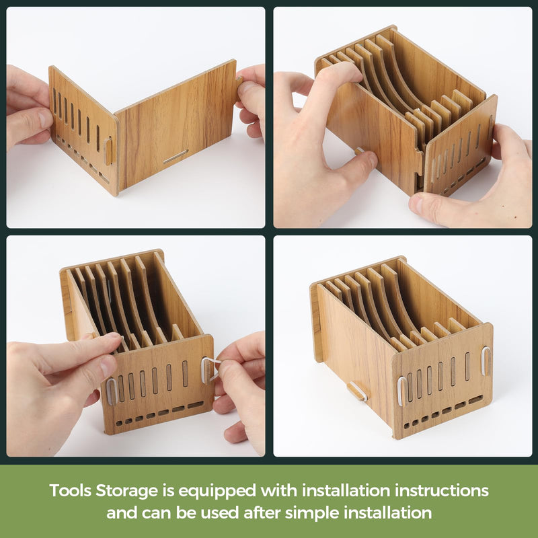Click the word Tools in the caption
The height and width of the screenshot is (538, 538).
click(71, 490)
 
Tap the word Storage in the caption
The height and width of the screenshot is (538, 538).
click(126, 491)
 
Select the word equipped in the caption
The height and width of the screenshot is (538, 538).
click(217, 492)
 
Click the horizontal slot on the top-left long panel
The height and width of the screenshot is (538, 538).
click(176, 156)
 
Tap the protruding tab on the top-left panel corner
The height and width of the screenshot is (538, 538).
click(108, 151)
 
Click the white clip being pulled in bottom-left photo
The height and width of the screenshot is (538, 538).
click(209, 369)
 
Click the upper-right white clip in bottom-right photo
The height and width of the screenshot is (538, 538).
click(486, 360)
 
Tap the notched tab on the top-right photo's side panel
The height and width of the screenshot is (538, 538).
click(419, 161)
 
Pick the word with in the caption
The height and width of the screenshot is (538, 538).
click(279, 490)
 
